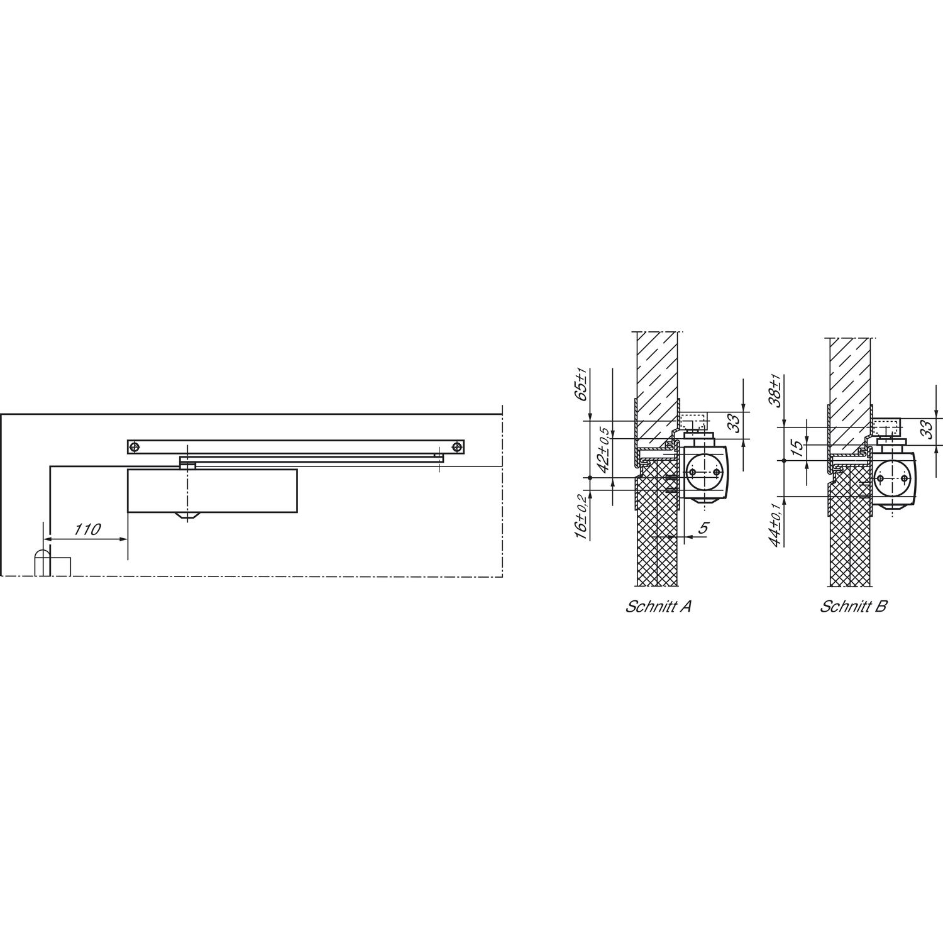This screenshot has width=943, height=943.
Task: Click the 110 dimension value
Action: click(87, 529)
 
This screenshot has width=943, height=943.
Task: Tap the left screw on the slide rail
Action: click(134, 447)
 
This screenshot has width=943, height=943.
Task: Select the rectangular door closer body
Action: click(212, 490)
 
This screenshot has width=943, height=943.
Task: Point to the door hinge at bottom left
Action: click(42, 562)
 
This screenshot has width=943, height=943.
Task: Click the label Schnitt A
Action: click(658, 607)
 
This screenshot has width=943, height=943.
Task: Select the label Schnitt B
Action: click(853, 607)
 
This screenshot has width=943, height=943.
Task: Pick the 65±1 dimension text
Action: click(582, 386)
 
